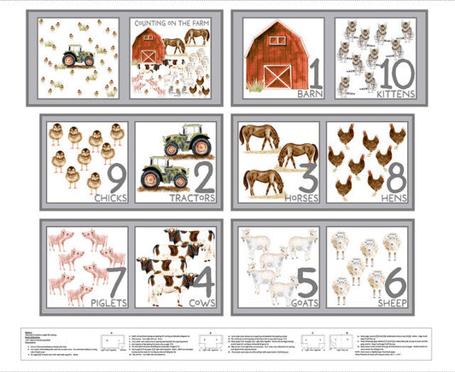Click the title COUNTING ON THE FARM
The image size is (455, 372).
[174, 24]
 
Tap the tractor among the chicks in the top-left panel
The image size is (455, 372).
[79, 57]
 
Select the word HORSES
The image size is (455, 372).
[296, 198]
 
